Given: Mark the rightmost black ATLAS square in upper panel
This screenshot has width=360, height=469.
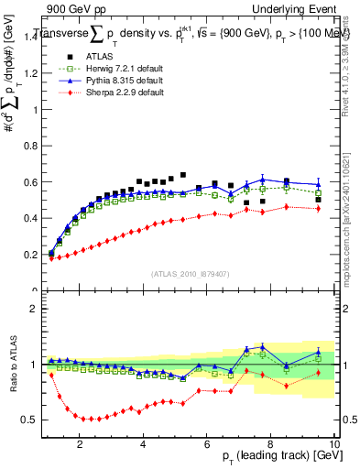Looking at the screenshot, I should pyautogui.click(x=318, y=200).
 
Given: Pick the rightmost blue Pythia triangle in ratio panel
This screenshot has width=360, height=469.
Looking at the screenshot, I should pyautogui.click(x=318, y=351).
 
